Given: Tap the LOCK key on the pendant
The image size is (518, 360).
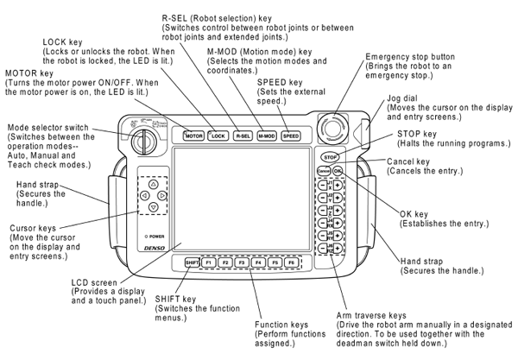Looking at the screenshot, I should [x=217, y=136].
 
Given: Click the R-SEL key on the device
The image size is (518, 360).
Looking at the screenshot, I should [x=242, y=136].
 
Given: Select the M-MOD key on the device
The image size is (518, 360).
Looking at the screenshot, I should [x=267, y=136].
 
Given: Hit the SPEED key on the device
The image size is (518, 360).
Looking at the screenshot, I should [x=291, y=136].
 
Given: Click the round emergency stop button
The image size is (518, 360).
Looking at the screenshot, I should [x=330, y=125].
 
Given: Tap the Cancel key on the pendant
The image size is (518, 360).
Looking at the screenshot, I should [x=323, y=172].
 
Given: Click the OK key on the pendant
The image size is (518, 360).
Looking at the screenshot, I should [x=338, y=172].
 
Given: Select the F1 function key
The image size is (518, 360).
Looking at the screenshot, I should [x=208, y=262].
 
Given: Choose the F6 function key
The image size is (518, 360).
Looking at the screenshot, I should [x=290, y=262].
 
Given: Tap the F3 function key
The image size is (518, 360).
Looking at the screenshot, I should [x=241, y=262].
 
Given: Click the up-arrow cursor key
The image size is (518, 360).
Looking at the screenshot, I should [x=153, y=184].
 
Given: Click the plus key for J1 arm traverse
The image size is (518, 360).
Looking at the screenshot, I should [x=338, y=187].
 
